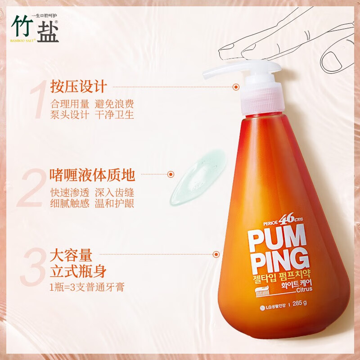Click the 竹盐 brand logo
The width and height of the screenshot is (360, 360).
tap(35, 28)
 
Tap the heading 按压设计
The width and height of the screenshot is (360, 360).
tap(78, 85)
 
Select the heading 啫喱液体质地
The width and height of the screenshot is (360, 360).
tap(92, 174)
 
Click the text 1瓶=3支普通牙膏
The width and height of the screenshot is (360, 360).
tap(87, 287)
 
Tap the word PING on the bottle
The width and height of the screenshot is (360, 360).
tap(279, 260)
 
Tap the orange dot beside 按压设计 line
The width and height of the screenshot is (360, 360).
tap(236, 87)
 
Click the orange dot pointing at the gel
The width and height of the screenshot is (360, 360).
tap(171, 174)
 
